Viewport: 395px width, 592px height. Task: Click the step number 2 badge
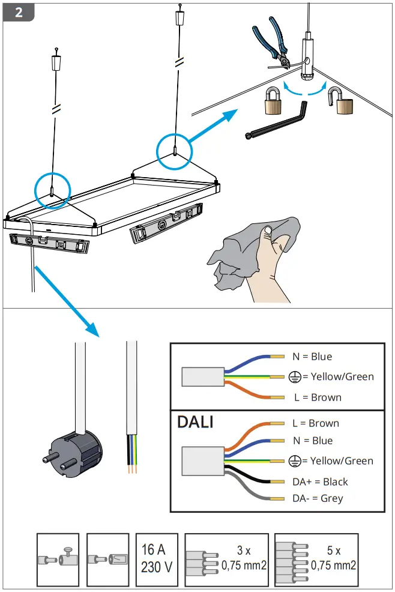[x=19, y=13]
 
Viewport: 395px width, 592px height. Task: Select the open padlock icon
[x=340, y=101]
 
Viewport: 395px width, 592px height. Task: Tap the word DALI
[x=195, y=422]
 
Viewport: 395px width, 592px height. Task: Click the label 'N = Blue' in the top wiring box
[x=312, y=357]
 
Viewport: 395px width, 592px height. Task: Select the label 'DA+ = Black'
[x=320, y=482]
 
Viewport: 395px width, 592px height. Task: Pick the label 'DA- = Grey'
[x=318, y=498]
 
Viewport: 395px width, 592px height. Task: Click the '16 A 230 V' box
[x=157, y=559]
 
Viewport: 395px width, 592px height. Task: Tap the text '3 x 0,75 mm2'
[x=244, y=558]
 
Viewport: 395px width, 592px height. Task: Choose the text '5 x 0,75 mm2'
[x=333, y=558]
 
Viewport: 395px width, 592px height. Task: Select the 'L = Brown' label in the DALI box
[x=316, y=423]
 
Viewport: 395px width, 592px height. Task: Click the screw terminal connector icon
[x=58, y=559]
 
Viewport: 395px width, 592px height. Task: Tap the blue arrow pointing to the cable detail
[x=67, y=301]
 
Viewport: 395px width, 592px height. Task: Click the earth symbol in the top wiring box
[x=295, y=377]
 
